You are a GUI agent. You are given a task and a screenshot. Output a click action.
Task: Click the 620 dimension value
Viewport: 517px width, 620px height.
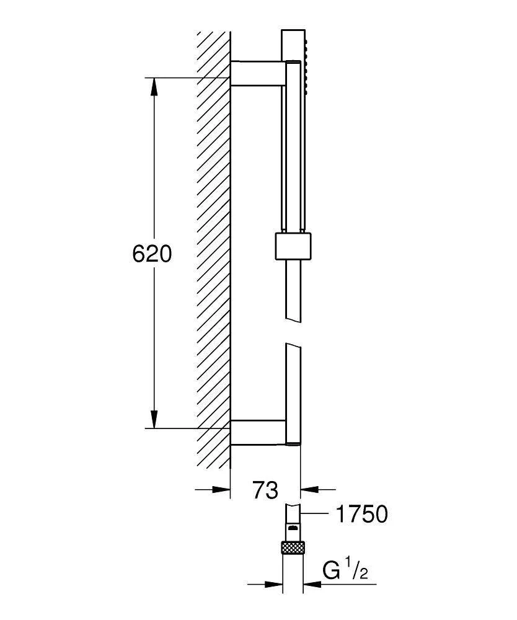coord(152,254)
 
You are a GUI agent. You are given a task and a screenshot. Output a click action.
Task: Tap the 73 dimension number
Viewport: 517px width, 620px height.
coord(265,490)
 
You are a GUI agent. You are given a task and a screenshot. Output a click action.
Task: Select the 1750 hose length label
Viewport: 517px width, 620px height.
coord(361,514)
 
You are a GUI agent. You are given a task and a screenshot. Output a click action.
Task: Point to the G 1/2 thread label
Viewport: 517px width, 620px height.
coord(345,572)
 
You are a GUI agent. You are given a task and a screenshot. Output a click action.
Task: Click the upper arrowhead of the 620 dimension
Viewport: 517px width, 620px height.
coord(154,86)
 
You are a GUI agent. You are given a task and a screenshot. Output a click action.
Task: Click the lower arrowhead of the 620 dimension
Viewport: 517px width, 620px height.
coord(154,419)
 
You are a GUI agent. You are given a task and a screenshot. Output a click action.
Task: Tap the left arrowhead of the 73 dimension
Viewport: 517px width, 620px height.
coord(221,490)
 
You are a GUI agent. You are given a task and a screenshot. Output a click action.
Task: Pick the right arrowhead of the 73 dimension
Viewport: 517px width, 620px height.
coord(309,490)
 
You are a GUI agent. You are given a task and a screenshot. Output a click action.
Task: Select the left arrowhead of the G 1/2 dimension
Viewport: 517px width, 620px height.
coord(273,583)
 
